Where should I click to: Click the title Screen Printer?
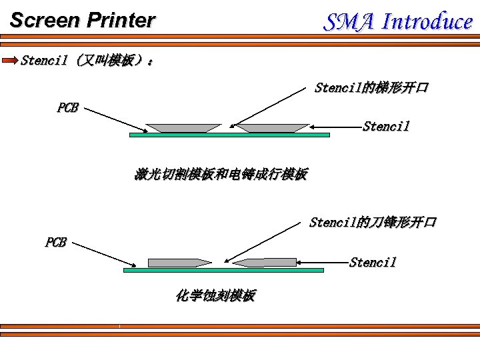click(82, 21)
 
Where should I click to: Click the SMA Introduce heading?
click(398, 22)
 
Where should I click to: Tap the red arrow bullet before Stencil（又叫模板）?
click(11, 61)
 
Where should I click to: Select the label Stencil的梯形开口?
click(371, 88)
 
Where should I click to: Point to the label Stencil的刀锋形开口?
click(373, 222)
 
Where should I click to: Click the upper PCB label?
click(67, 108)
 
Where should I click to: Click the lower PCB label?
click(55, 243)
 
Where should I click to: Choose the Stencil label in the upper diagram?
click(386, 127)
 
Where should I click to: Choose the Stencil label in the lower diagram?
click(373, 262)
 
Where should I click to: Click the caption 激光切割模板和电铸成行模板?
click(221, 175)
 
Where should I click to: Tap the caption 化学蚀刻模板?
click(215, 295)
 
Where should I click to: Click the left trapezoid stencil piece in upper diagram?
click(183, 127)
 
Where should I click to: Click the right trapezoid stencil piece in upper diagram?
click(273, 127)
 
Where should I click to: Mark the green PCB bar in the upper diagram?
click(229, 135)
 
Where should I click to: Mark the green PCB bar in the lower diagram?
click(223, 270)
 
